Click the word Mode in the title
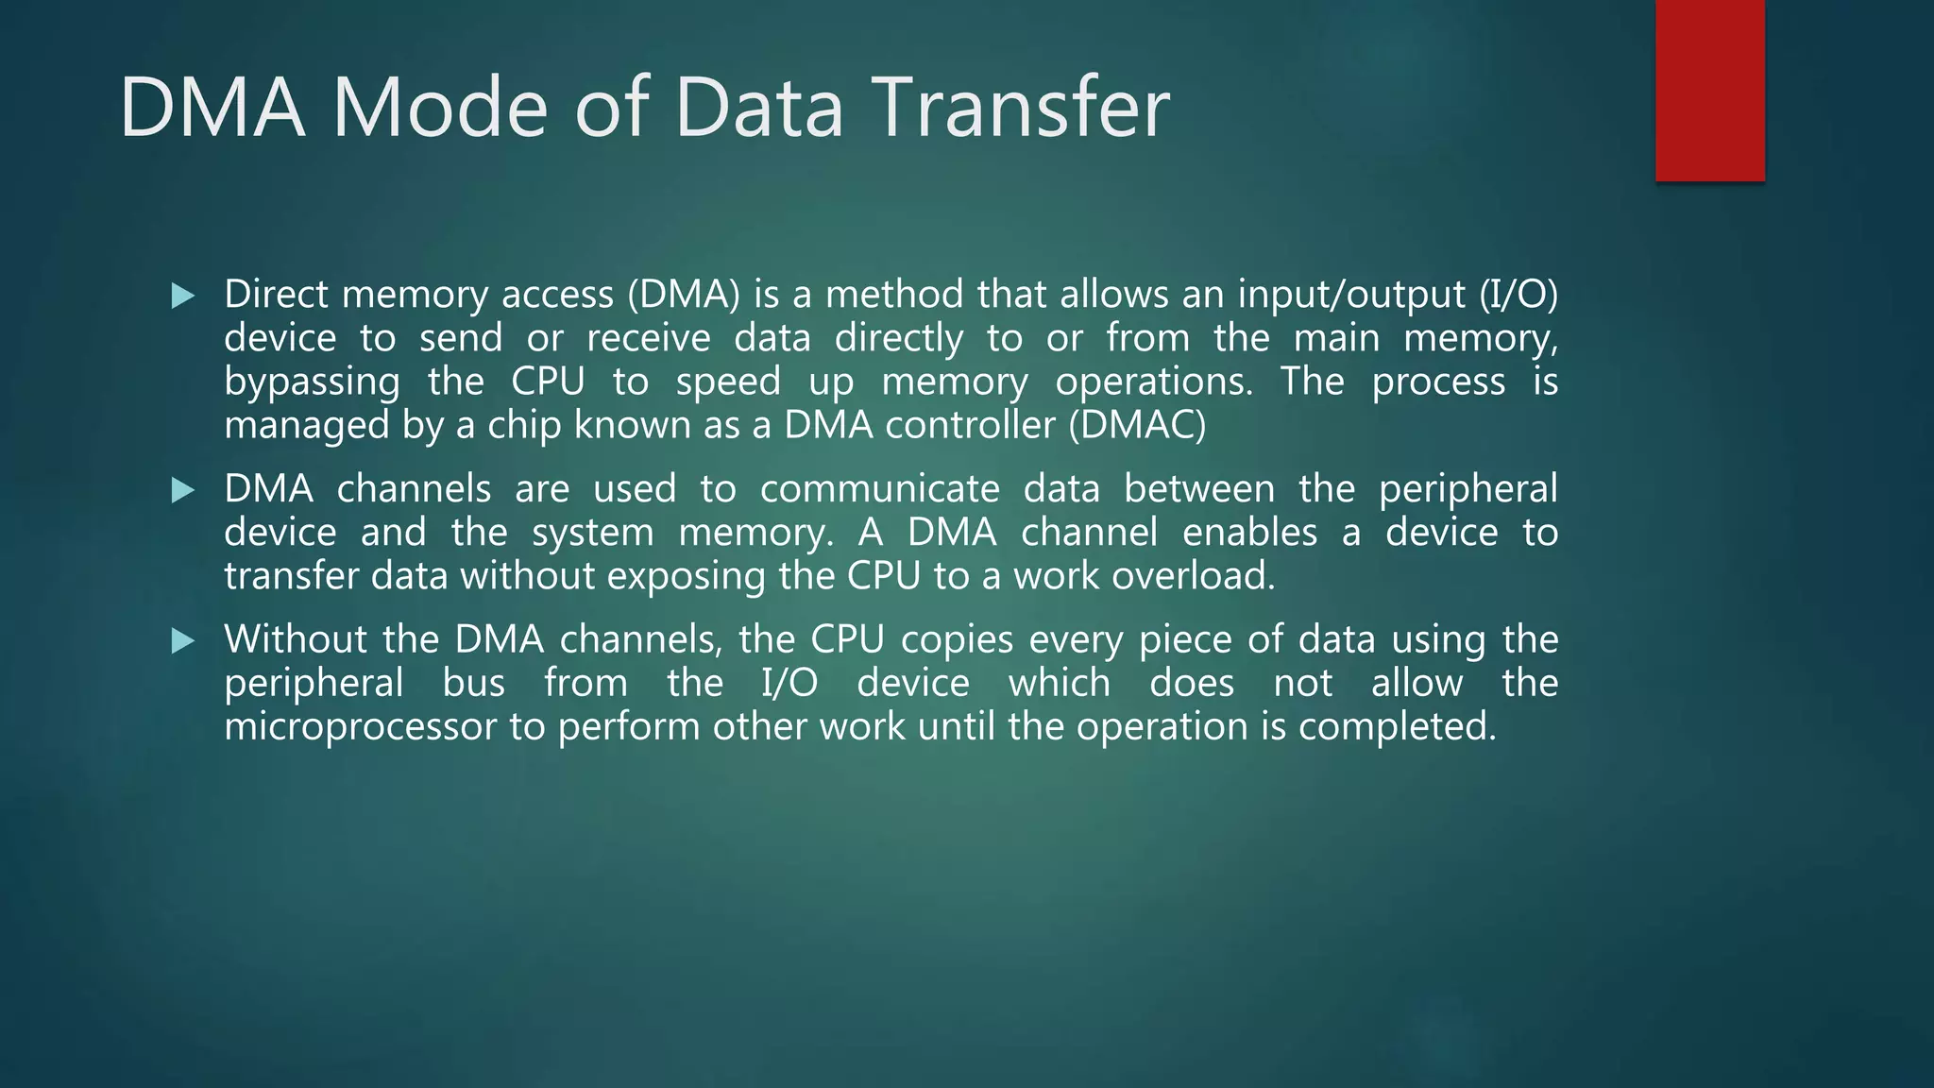pyautogui.click(x=439, y=108)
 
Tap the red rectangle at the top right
pyautogui.click(x=1709, y=91)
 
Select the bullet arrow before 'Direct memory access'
pyautogui.click(x=183, y=297)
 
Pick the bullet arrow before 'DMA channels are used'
pyautogui.click(x=183, y=490)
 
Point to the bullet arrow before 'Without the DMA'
pyautogui.click(x=183, y=641)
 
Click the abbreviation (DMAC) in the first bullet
pyautogui.click(x=1138, y=425)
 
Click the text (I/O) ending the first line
pyautogui.click(x=1518, y=295)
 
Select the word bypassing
pyautogui.click(x=312, y=382)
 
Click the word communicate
pyautogui.click(x=879, y=489)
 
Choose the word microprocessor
pyautogui.click(x=360, y=727)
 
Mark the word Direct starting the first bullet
pyautogui.click(x=277, y=295)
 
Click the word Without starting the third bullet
pyautogui.click(x=295, y=639)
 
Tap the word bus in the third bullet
pyautogui.click(x=474, y=683)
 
